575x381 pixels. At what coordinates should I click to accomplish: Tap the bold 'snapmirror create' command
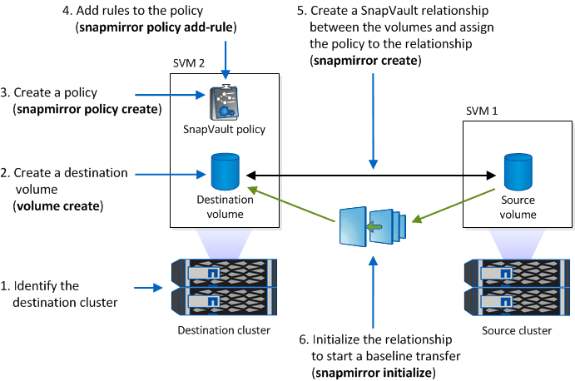366,61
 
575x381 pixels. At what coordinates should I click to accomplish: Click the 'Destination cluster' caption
225,330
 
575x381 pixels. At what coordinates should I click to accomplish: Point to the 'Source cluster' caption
517,330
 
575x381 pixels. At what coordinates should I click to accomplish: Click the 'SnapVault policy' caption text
225,129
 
